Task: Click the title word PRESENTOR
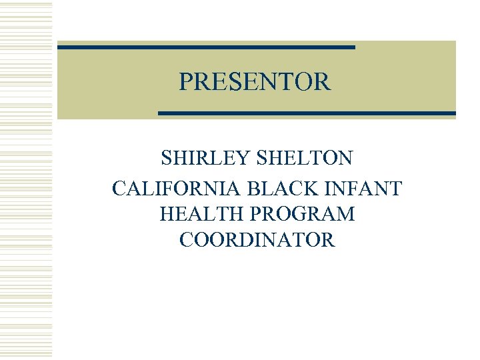coord(254,82)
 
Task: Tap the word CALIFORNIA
coord(168,189)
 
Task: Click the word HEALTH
coord(195,215)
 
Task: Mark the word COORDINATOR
coord(257,240)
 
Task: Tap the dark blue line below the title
coord(307,113)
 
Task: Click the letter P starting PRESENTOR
coord(185,82)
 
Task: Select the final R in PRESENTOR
coord(323,82)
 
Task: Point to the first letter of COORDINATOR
coord(186,240)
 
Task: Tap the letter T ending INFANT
coord(396,189)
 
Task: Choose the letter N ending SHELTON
coord(346,159)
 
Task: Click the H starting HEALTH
coord(167,215)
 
